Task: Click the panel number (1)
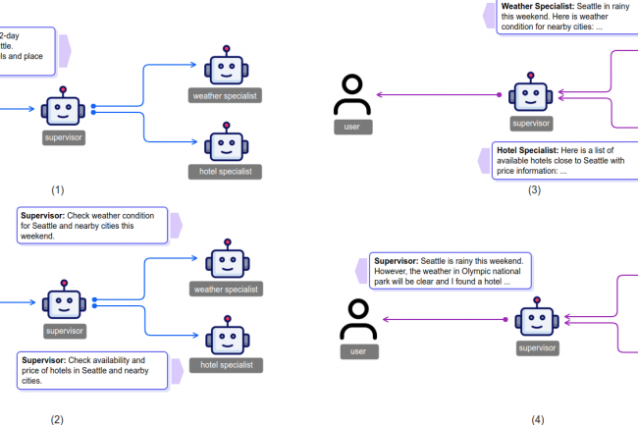[57, 189]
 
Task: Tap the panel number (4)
[536, 419]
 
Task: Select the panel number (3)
[534, 189]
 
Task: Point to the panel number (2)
[57, 419]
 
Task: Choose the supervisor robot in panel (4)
[537, 321]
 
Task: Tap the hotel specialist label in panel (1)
[226, 172]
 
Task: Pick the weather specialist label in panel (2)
[226, 289]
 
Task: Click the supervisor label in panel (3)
[531, 124]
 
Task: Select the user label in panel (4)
[359, 350]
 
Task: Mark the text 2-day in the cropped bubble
[12, 35]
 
